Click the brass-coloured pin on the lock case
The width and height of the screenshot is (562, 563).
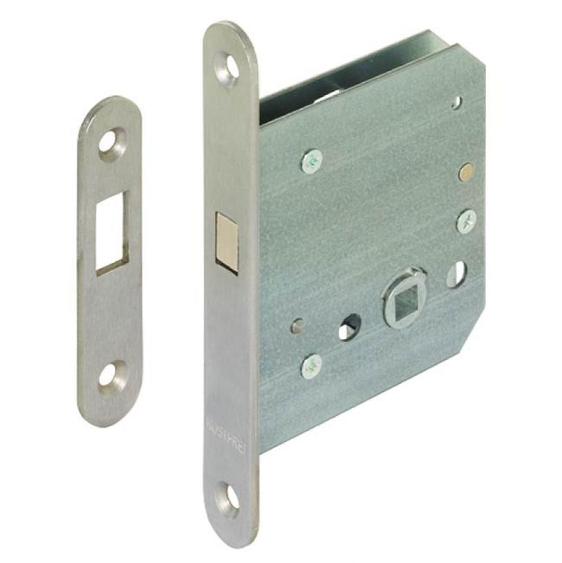click(x=466, y=172)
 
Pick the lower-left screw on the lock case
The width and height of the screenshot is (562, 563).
click(x=311, y=366)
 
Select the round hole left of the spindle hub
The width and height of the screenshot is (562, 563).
click(x=350, y=327)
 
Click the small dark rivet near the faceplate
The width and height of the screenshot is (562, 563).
click(x=297, y=325)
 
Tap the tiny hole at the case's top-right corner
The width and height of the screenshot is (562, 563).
click(x=456, y=102)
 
